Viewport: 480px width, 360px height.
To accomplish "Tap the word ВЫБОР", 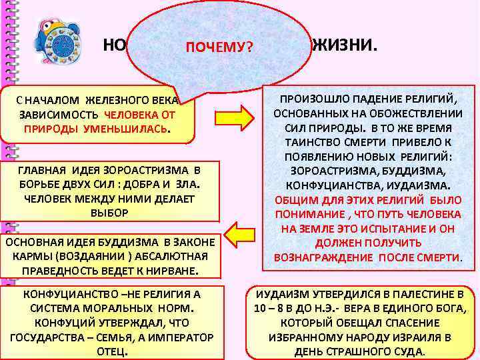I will point(109,212).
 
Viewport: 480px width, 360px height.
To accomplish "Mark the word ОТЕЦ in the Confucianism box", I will point(110,351).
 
